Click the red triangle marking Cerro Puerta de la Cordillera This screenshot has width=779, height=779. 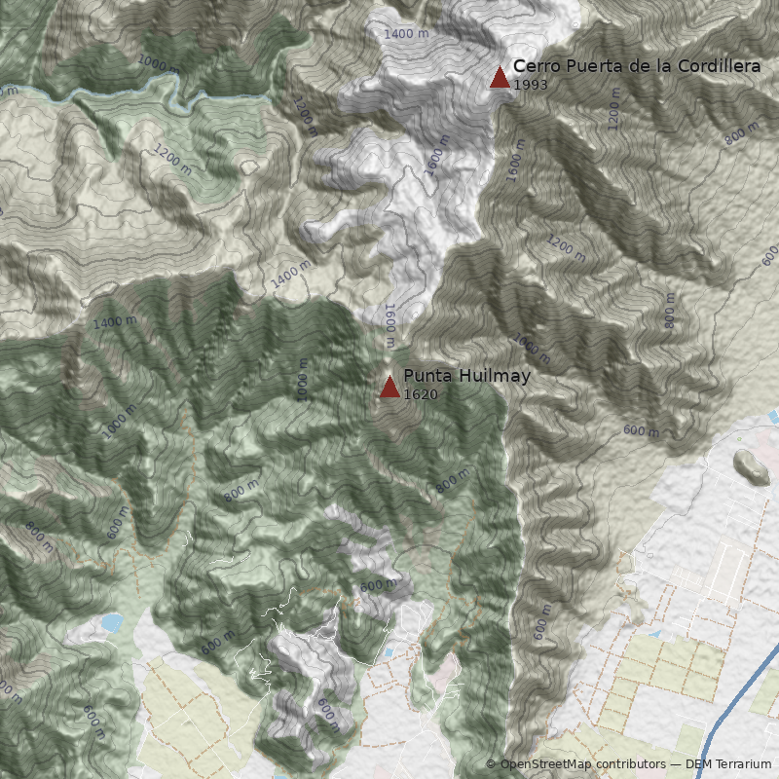[x=500, y=78]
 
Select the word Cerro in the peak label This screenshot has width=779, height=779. [x=534, y=66]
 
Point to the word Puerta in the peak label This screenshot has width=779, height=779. [x=587, y=66]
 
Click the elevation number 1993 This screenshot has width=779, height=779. [x=530, y=85]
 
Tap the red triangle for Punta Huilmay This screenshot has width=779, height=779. [x=389, y=388]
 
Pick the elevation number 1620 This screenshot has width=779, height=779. [x=420, y=394]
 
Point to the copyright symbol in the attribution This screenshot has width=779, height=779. [x=491, y=765]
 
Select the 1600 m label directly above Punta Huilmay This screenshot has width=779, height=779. [x=389, y=325]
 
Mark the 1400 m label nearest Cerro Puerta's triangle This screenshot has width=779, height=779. [x=406, y=34]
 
